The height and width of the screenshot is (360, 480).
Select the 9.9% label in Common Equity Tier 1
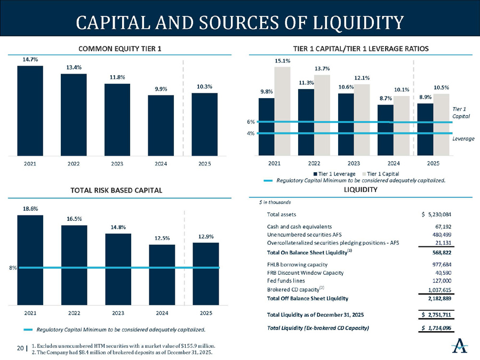161,90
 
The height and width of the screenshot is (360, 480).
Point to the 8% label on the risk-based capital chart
12,268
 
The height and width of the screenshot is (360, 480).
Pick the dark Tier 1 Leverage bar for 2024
386,129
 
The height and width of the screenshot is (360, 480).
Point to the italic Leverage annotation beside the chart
463,138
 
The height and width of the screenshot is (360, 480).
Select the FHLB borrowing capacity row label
297,265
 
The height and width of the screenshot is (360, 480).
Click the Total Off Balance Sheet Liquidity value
437,298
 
